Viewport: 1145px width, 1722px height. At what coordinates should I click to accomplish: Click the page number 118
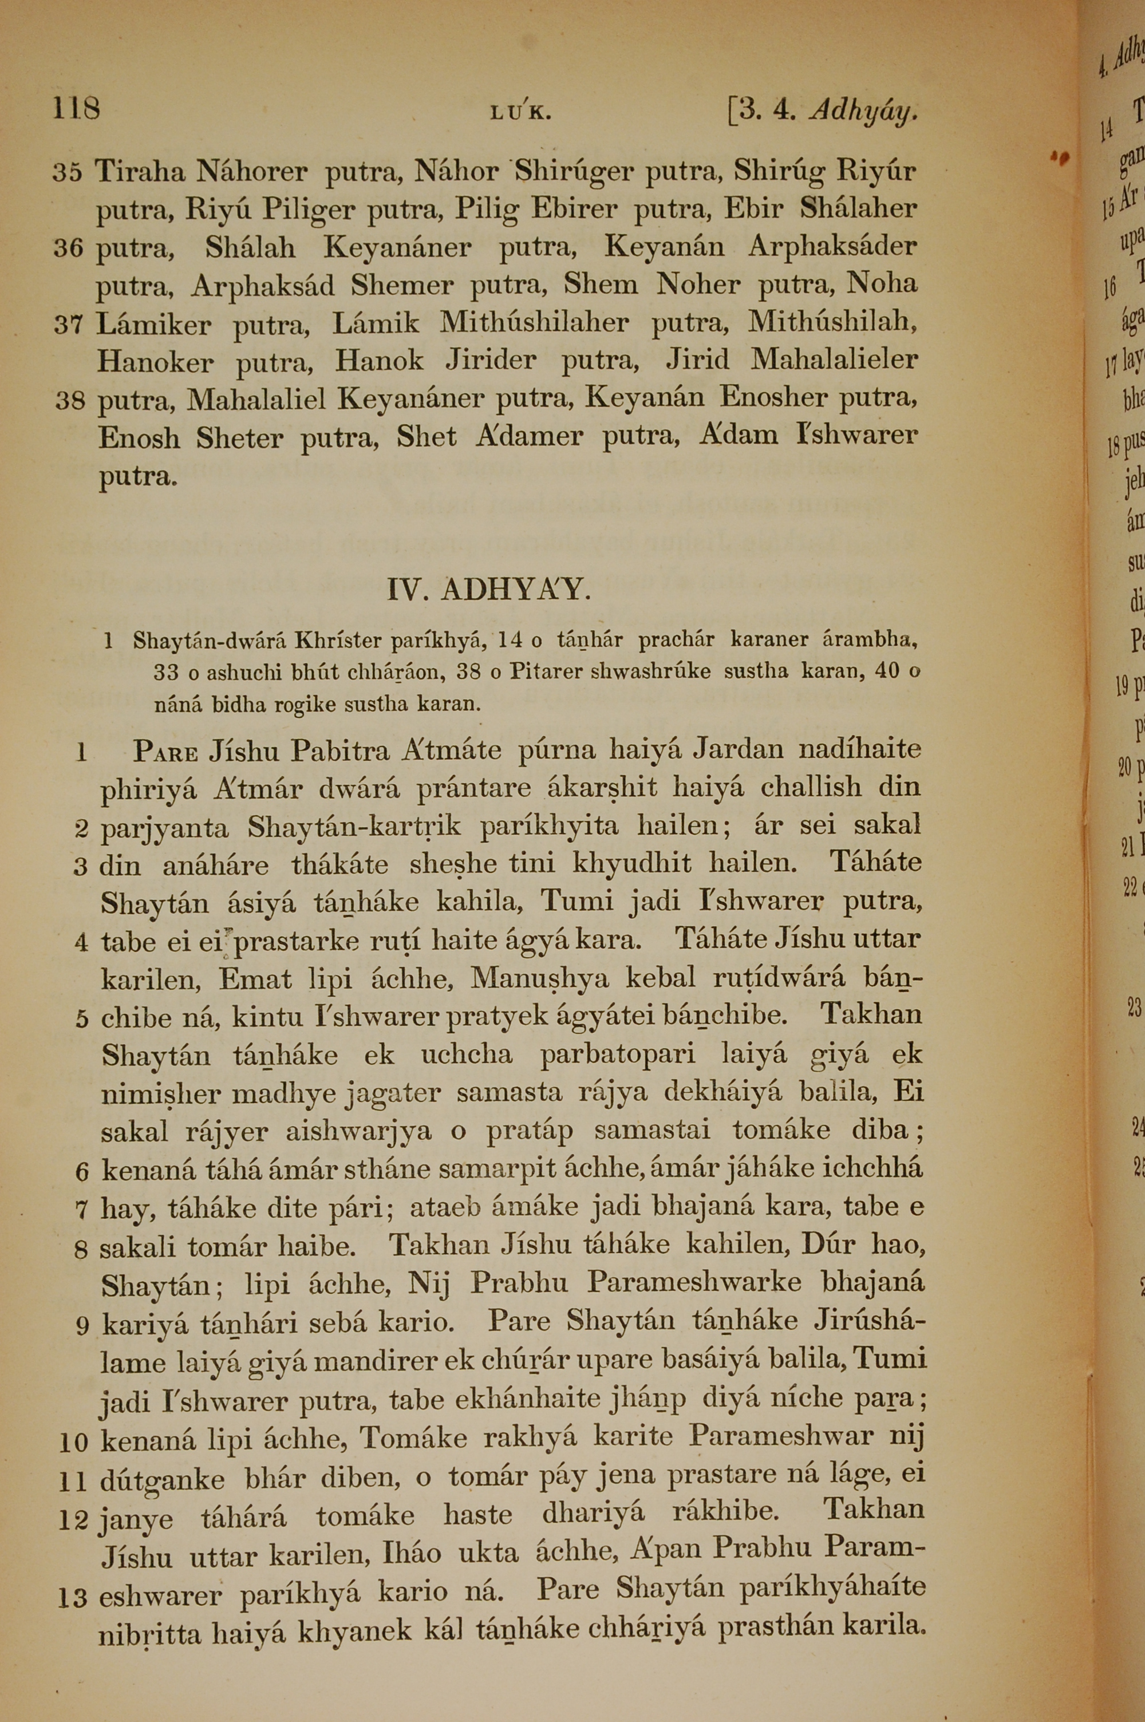click(76, 109)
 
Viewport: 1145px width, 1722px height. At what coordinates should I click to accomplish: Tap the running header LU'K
click(520, 113)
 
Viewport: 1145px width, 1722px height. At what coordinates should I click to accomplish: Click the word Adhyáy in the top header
click(863, 112)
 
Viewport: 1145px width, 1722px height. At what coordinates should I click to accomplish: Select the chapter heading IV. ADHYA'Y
click(488, 590)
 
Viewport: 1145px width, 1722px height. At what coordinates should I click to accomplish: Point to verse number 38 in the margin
click(70, 401)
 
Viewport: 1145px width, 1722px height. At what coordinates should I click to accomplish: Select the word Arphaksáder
click(832, 247)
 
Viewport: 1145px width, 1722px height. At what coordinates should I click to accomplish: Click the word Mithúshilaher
click(534, 323)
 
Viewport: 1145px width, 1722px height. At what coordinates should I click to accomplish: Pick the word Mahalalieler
click(834, 360)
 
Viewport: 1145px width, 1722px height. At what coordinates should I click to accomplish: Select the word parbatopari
click(617, 1055)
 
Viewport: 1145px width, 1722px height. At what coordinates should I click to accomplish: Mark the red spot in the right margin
click(1060, 156)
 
